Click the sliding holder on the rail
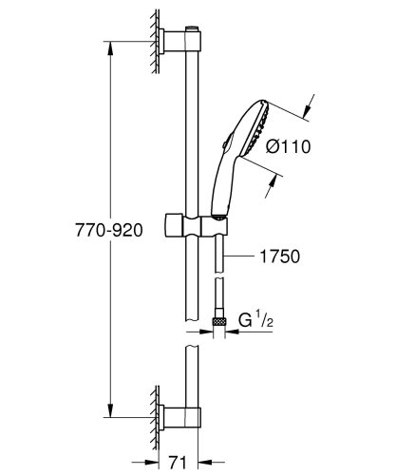pos(202,229)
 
